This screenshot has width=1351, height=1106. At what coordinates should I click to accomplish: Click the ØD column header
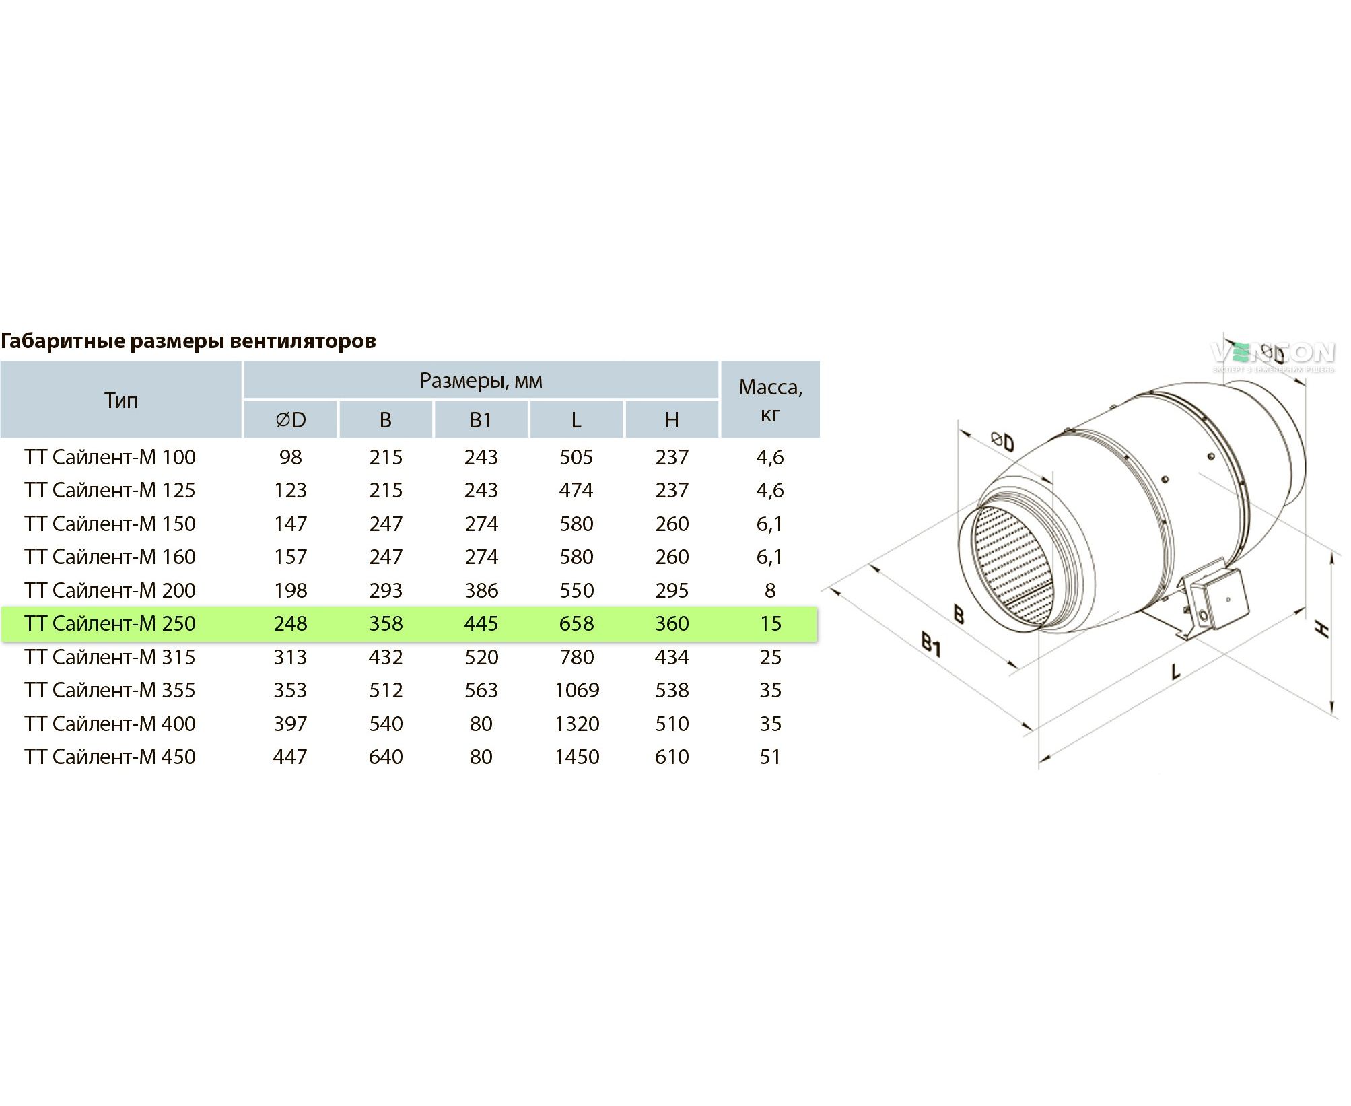coord(290,420)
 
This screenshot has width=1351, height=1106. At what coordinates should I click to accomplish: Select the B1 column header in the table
coord(481,420)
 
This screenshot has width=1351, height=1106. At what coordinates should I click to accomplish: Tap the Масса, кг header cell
coord(770,400)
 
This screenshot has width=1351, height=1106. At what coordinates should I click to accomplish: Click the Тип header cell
coord(121,401)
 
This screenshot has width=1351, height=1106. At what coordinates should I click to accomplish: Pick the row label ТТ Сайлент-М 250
coord(110,623)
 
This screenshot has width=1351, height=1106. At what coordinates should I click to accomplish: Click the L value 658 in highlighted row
coord(576,623)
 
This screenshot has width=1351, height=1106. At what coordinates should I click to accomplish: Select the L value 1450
coord(576,757)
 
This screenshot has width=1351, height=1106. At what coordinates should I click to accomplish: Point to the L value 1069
coord(576,690)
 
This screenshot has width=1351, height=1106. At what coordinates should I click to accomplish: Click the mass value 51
coord(770,757)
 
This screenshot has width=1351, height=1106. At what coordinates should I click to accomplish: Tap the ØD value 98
coord(290,457)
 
